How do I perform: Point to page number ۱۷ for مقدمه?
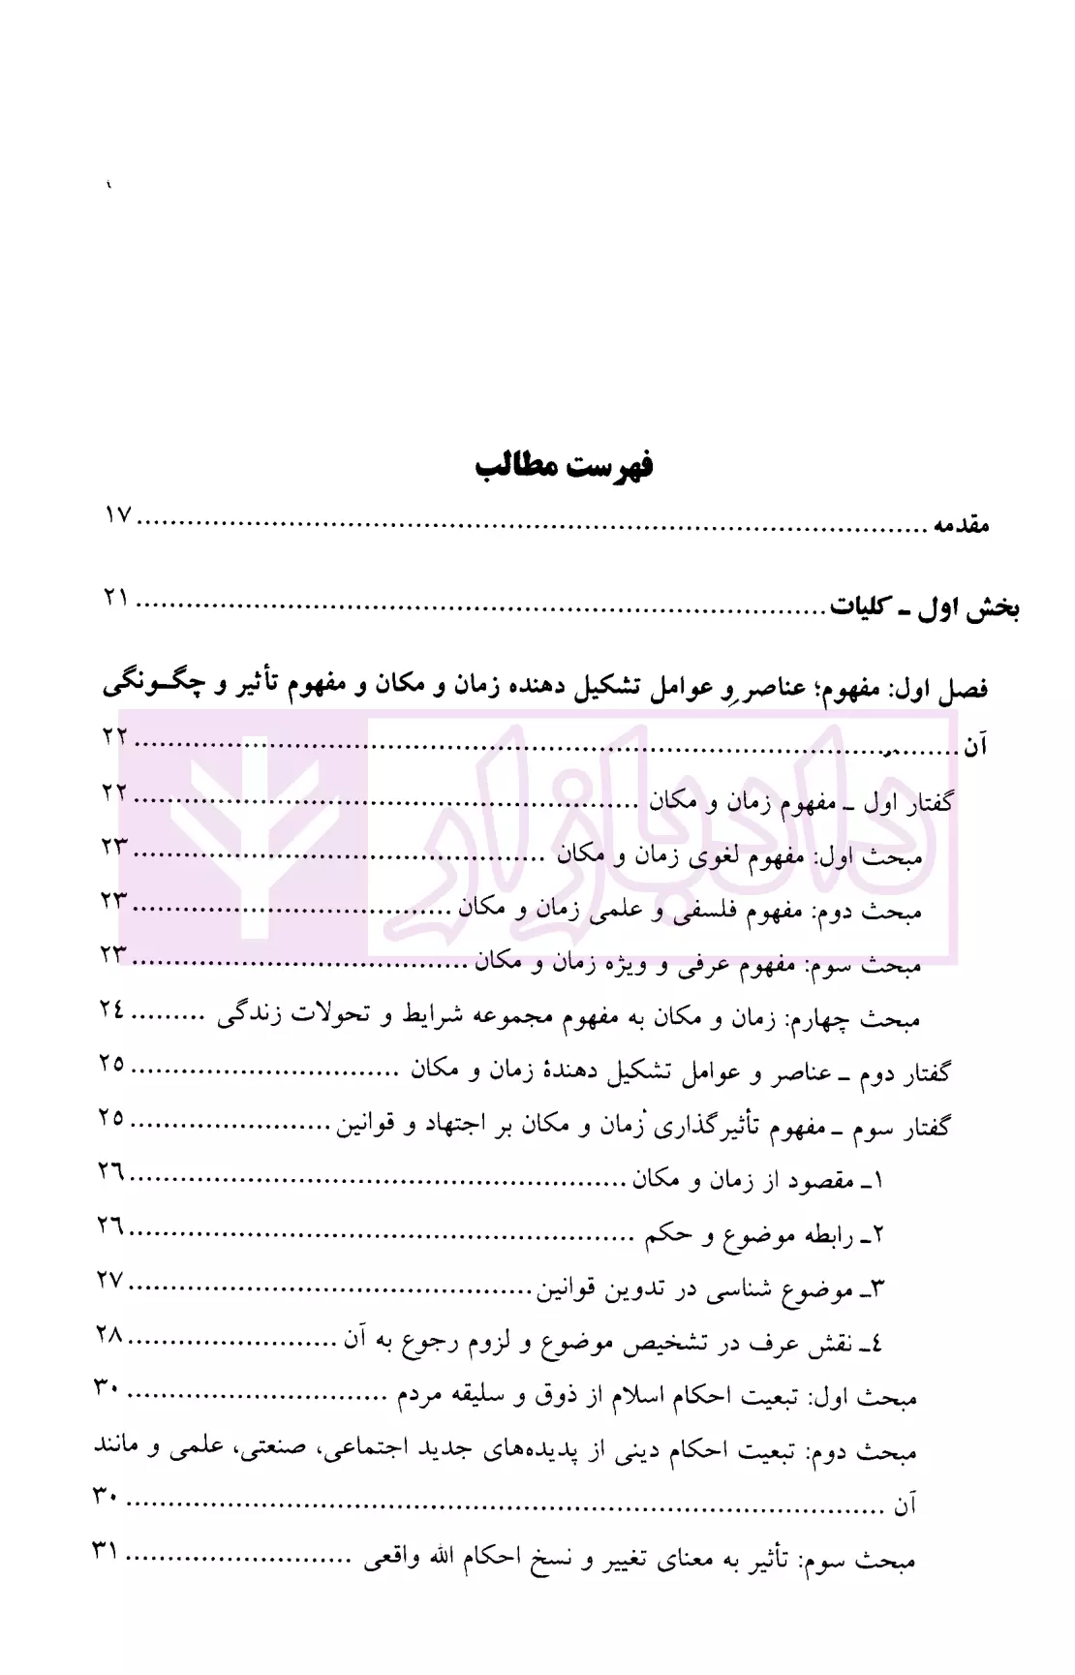tap(118, 515)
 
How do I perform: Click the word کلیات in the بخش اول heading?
tap(858, 610)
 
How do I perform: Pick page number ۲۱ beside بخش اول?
tap(117, 599)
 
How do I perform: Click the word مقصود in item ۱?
tap(818, 1182)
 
